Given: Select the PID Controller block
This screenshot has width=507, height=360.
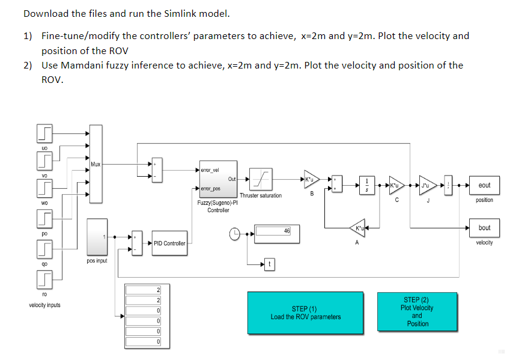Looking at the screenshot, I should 169,243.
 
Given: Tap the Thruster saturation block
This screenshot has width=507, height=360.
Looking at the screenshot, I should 261,178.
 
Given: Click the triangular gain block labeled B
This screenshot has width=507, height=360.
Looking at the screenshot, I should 311,178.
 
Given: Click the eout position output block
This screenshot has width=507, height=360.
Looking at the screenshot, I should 484,185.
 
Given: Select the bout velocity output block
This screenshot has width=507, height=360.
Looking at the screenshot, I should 484,228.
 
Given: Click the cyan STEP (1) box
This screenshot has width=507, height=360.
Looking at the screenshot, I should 305,313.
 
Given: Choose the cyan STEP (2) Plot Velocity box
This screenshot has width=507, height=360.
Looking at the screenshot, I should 417,311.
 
